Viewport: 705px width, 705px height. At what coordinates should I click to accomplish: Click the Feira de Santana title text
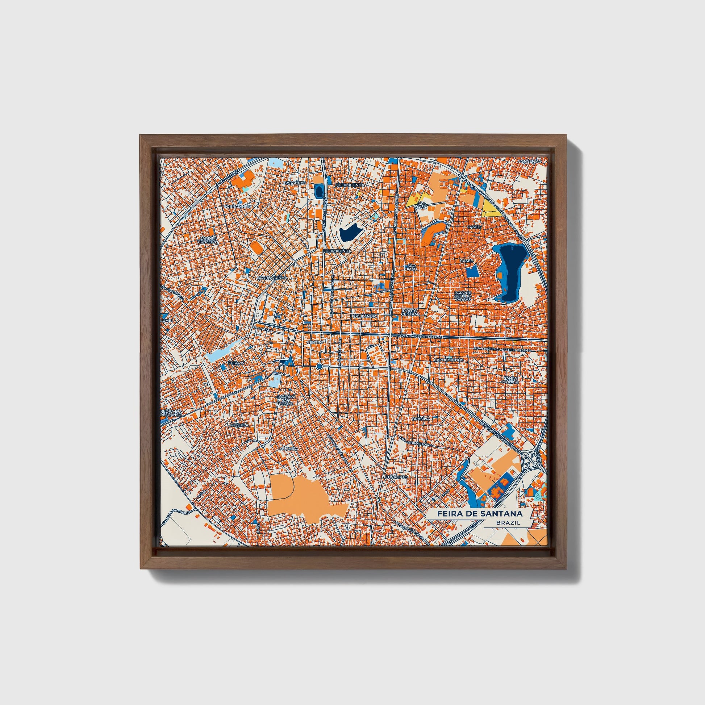click(480, 513)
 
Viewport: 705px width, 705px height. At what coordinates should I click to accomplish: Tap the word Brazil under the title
click(508, 523)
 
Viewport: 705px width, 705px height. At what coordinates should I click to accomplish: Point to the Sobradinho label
click(238, 206)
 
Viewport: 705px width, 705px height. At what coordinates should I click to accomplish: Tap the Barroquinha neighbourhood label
click(272, 278)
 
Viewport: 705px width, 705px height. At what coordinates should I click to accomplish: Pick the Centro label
click(315, 342)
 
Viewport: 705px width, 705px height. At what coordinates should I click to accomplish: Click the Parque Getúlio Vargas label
click(463, 296)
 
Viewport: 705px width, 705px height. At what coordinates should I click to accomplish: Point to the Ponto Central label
click(410, 312)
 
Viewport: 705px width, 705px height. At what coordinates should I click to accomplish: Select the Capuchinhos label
click(449, 360)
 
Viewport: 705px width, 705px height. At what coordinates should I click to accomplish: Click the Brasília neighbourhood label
click(421, 418)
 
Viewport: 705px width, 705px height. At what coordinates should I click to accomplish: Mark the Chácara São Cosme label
click(286, 400)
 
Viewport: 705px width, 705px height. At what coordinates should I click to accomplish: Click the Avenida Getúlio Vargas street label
click(421, 337)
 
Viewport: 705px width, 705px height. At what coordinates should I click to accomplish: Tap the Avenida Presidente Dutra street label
click(500, 435)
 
